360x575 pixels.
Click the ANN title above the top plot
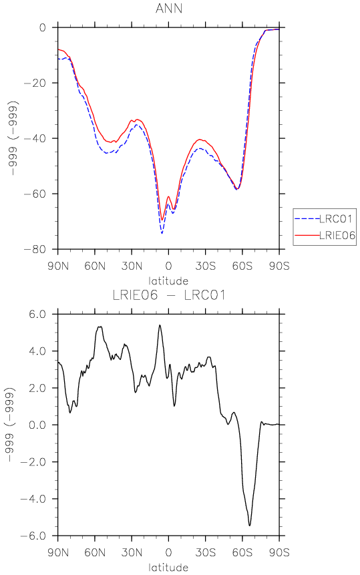coord(169,8)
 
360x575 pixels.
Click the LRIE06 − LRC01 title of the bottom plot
coord(169,295)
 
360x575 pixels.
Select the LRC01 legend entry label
coord(336,219)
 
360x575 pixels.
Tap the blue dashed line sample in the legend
coord(307,219)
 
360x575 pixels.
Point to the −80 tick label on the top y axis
coord(35,249)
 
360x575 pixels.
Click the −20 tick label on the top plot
coord(35,83)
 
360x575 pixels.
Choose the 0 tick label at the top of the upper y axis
coord(43,28)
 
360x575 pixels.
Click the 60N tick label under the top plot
coord(95,266)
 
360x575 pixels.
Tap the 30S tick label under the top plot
coord(205,266)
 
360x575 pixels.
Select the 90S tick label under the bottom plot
coord(279,552)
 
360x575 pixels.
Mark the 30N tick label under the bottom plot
coord(132,552)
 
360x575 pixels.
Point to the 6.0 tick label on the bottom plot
coord(37,315)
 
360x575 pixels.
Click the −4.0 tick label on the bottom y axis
coord(33,499)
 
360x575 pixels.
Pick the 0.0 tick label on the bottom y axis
coord(37,425)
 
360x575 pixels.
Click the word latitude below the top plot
coord(168,281)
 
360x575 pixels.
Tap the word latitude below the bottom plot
coord(168,568)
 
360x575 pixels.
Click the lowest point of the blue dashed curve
coord(162,233)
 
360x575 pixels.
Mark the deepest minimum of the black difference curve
coord(250,526)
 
